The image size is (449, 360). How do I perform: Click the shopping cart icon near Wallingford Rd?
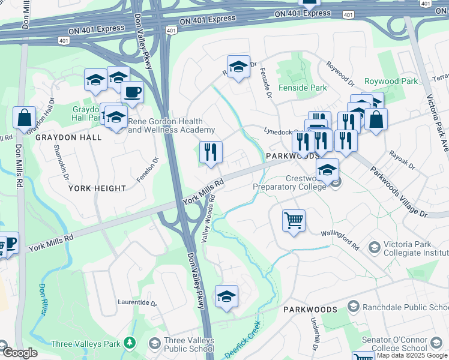pyautogui.click(x=294, y=221)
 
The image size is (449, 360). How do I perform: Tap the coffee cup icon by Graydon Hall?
pyautogui.click(x=132, y=93)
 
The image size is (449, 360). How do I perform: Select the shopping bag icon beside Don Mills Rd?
pyautogui.click(x=24, y=118)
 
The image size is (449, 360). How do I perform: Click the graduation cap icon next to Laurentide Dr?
pyautogui.click(x=226, y=296)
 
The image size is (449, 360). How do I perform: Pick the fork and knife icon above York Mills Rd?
pyautogui.click(x=211, y=152)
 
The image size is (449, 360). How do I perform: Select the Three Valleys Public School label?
pyautogui.click(x=189, y=344)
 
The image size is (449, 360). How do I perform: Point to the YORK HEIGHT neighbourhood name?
pyautogui.click(x=97, y=188)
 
